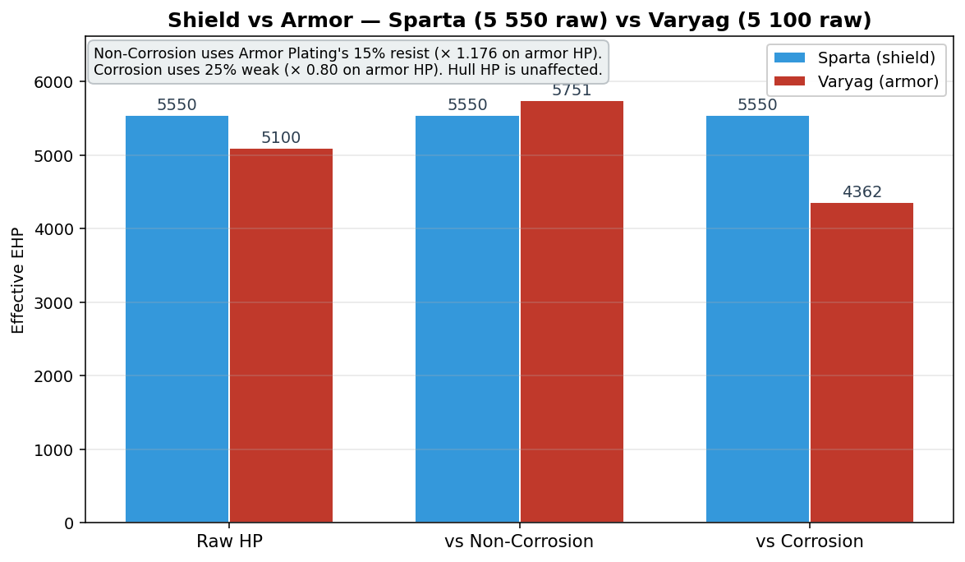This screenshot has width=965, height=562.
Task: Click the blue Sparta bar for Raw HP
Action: (x=177, y=319)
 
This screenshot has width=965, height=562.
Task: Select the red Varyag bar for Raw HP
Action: (x=281, y=335)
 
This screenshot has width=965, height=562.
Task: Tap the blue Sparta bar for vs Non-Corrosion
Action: (x=467, y=319)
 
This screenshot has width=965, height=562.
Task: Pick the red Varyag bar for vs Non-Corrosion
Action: (x=572, y=311)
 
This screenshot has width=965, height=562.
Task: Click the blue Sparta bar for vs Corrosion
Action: (x=757, y=319)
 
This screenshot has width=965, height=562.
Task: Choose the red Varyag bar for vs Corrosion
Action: (x=862, y=362)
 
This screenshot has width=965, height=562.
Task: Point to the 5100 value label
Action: (x=281, y=137)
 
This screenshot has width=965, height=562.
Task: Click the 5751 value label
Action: (x=572, y=90)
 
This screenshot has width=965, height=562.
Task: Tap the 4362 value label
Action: (x=862, y=192)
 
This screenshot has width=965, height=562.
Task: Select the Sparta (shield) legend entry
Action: (x=855, y=58)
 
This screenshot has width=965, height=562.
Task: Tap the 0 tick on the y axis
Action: (x=68, y=523)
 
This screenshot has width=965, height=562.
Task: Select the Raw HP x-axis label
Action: (x=230, y=541)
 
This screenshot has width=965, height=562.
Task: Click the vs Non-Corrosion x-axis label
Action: (x=519, y=541)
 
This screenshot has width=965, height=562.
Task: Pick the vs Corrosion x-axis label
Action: (x=810, y=541)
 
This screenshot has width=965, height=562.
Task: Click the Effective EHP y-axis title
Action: (x=18, y=281)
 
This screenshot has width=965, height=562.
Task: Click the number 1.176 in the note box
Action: (x=476, y=53)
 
